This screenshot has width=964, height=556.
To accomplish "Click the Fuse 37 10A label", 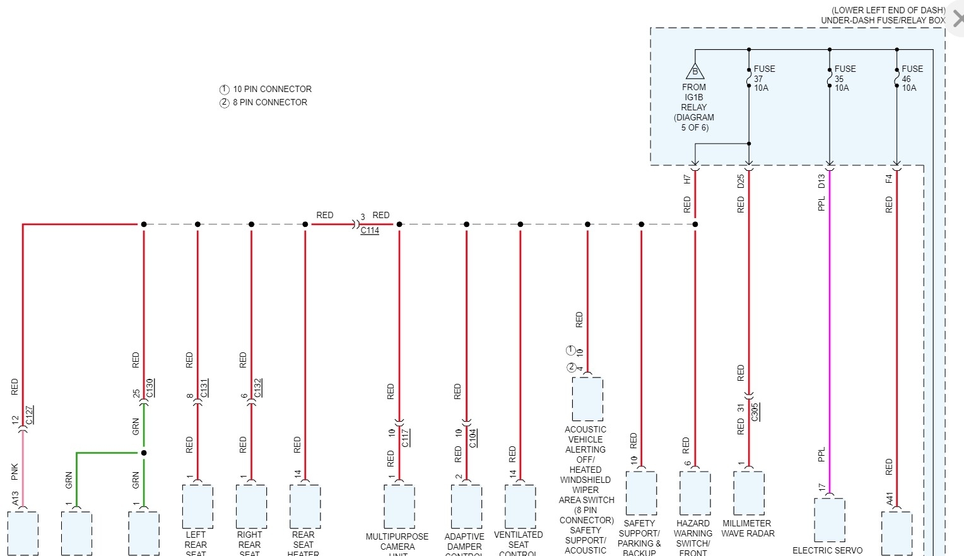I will coord(764,78).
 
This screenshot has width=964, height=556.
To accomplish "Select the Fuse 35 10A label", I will coord(845,78).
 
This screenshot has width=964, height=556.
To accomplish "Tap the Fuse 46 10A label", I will coord(912,78).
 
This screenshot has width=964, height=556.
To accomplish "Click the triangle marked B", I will coord(695,71).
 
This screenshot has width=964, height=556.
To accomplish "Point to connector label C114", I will coord(370,231).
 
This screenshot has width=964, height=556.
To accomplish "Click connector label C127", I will coord(30,415).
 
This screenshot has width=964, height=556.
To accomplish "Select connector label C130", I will coord(150,388).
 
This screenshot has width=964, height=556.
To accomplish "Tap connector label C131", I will coord(204,388).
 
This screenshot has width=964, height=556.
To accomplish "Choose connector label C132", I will coord(257,388).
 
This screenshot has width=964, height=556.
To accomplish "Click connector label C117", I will coord(406,437).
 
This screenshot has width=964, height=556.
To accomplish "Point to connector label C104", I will coord(473,437).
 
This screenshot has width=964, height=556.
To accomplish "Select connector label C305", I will coord(755,412).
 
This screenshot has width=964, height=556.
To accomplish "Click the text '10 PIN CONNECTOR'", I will coord(272,89).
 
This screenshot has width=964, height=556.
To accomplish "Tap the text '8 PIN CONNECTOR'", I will coord(269,102).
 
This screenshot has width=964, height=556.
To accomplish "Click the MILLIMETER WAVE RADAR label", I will coord(747,528).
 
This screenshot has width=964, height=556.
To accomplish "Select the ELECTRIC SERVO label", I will coord(827,550).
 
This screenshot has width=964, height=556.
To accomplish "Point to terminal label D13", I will coord(821,181).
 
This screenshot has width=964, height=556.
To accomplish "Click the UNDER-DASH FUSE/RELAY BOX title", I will coord(883,20).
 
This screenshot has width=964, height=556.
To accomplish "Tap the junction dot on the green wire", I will coord(144,453).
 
